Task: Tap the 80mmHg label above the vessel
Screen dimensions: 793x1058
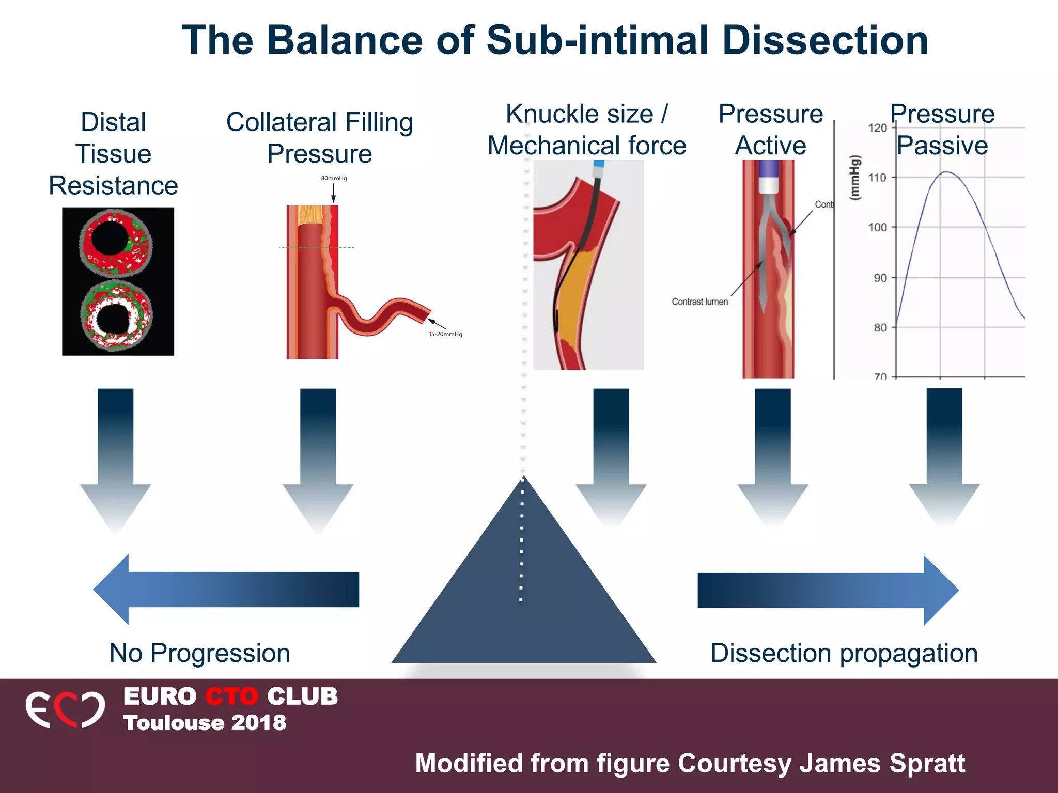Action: point(334,178)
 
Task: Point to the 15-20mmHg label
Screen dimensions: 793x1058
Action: point(445,334)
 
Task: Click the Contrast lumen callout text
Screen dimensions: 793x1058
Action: point(699,302)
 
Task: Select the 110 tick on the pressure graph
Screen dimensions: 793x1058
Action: point(877,178)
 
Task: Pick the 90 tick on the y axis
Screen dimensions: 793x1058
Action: point(880,278)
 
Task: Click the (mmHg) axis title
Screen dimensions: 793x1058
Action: point(855,177)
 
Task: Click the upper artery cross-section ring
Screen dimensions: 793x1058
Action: point(116,243)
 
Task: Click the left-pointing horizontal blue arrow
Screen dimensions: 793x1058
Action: point(226,589)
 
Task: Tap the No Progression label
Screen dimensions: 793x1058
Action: point(200,653)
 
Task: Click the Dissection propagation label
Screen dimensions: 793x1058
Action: point(844,653)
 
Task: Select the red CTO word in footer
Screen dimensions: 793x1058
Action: point(231,696)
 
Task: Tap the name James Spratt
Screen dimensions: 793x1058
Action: point(882,763)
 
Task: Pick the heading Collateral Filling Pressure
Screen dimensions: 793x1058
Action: point(320,138)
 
